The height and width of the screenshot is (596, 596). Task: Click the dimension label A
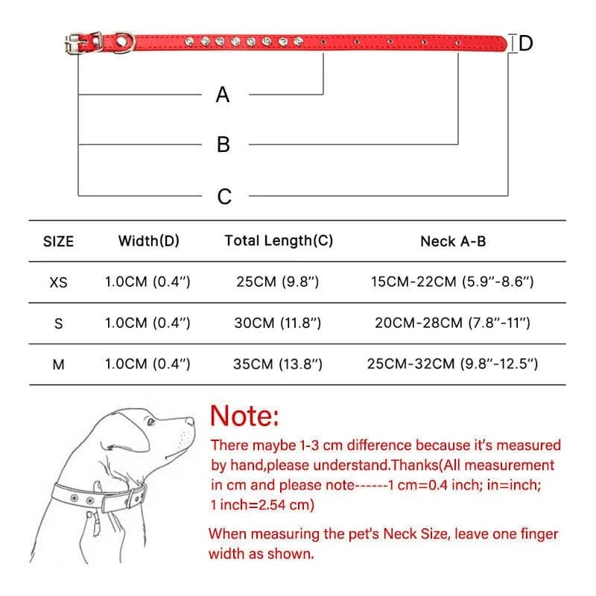[223, 95]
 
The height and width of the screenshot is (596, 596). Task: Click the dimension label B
[223, 145]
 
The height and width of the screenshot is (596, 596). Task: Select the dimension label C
[224, 197]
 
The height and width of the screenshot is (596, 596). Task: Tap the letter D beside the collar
[526, 43]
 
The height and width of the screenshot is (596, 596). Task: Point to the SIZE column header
[59, 241]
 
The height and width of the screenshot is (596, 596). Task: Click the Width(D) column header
[149, 241]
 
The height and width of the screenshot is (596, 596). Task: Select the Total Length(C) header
[279, 241]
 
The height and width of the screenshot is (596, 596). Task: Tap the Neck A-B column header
[453, 241]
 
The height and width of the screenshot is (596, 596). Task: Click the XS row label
[58, 282]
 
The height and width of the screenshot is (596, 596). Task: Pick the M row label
[59, 364]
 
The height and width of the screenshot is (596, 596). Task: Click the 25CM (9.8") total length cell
[279, 282]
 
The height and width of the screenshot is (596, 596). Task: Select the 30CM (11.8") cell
[279, 323]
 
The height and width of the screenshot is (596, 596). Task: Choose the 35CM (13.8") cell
[279, 364]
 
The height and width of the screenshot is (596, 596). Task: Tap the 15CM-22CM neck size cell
[452, 282]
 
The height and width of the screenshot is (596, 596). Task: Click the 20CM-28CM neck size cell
[452, 323]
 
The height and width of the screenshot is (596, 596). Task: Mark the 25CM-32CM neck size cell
[452, 364]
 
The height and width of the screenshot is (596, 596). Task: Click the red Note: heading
[244, 415]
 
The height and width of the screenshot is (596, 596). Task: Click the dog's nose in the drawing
[191, 422]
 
